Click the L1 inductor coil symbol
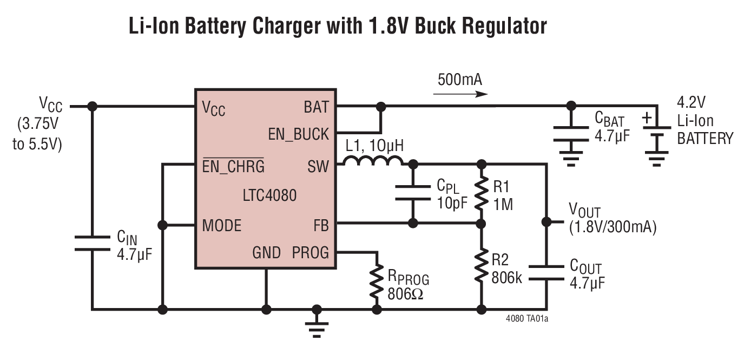coord(373,161)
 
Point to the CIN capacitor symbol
coord(92,243)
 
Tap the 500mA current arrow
coord(460,94)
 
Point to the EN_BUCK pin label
coord(299,134)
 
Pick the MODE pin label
coord(222,225)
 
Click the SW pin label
coord(318,166)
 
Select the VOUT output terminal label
coord(584,210)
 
